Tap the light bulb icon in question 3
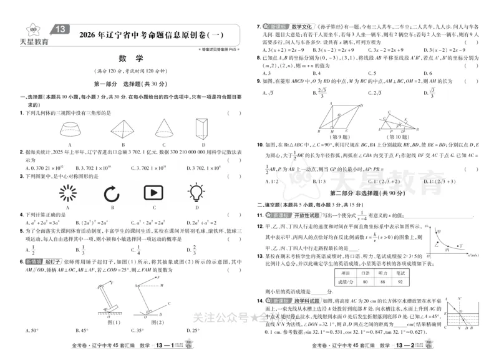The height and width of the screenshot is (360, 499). coord(198,192)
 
